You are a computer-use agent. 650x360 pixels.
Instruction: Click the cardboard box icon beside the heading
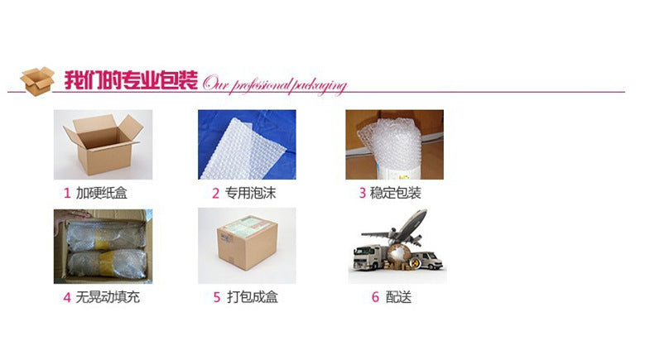point(37,81)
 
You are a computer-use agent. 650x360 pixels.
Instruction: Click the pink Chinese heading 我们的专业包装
point(131,80)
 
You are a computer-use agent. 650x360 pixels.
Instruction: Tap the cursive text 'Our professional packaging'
point(274,84)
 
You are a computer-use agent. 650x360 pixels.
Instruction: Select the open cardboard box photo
point(103,145)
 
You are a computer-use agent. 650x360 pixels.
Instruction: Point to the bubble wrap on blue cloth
point(247,145)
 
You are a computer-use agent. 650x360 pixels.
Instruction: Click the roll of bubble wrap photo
point(395,145)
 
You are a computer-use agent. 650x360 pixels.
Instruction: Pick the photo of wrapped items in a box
point(103,247)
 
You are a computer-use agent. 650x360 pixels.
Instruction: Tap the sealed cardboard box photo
point(247,246)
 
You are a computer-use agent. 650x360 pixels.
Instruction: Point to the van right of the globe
point(428,260)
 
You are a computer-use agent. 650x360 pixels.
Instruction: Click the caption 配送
point(398,296)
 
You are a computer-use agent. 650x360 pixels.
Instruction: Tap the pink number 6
point(375,297)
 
